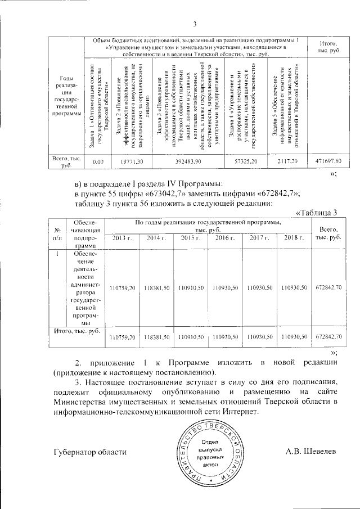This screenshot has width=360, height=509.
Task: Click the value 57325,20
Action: (x=246, y=161)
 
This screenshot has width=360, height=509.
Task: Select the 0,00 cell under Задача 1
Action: (x=98, y=161)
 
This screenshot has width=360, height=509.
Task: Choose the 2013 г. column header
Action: (x=123, y=238)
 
